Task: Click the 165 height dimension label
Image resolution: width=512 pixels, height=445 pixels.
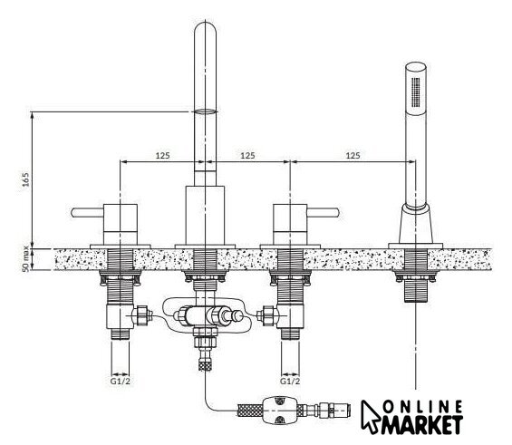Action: (25, 179)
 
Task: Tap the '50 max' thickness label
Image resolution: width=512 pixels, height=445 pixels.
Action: (25, 259)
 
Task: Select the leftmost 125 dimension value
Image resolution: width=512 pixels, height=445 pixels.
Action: (162, 155)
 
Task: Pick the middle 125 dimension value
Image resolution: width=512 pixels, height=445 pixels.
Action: (247, 155)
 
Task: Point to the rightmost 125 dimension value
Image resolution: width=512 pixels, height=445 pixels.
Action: (353, 155)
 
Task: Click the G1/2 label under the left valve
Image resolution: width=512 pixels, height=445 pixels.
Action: (121, 381)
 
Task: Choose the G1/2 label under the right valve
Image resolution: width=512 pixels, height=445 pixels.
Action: (290, 381)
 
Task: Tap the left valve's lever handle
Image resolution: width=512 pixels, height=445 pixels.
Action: (87, 213)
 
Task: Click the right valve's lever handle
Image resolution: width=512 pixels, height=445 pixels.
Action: (324, 213)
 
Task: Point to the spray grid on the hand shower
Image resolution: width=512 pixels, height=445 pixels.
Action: (415, 92)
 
